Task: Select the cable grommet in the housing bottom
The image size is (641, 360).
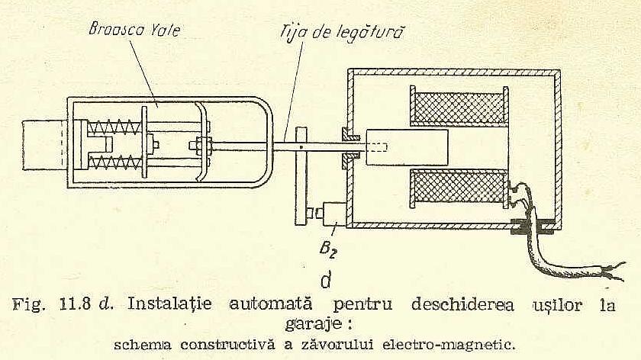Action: point(530,226)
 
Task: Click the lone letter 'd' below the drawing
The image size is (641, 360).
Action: point(325,281)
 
